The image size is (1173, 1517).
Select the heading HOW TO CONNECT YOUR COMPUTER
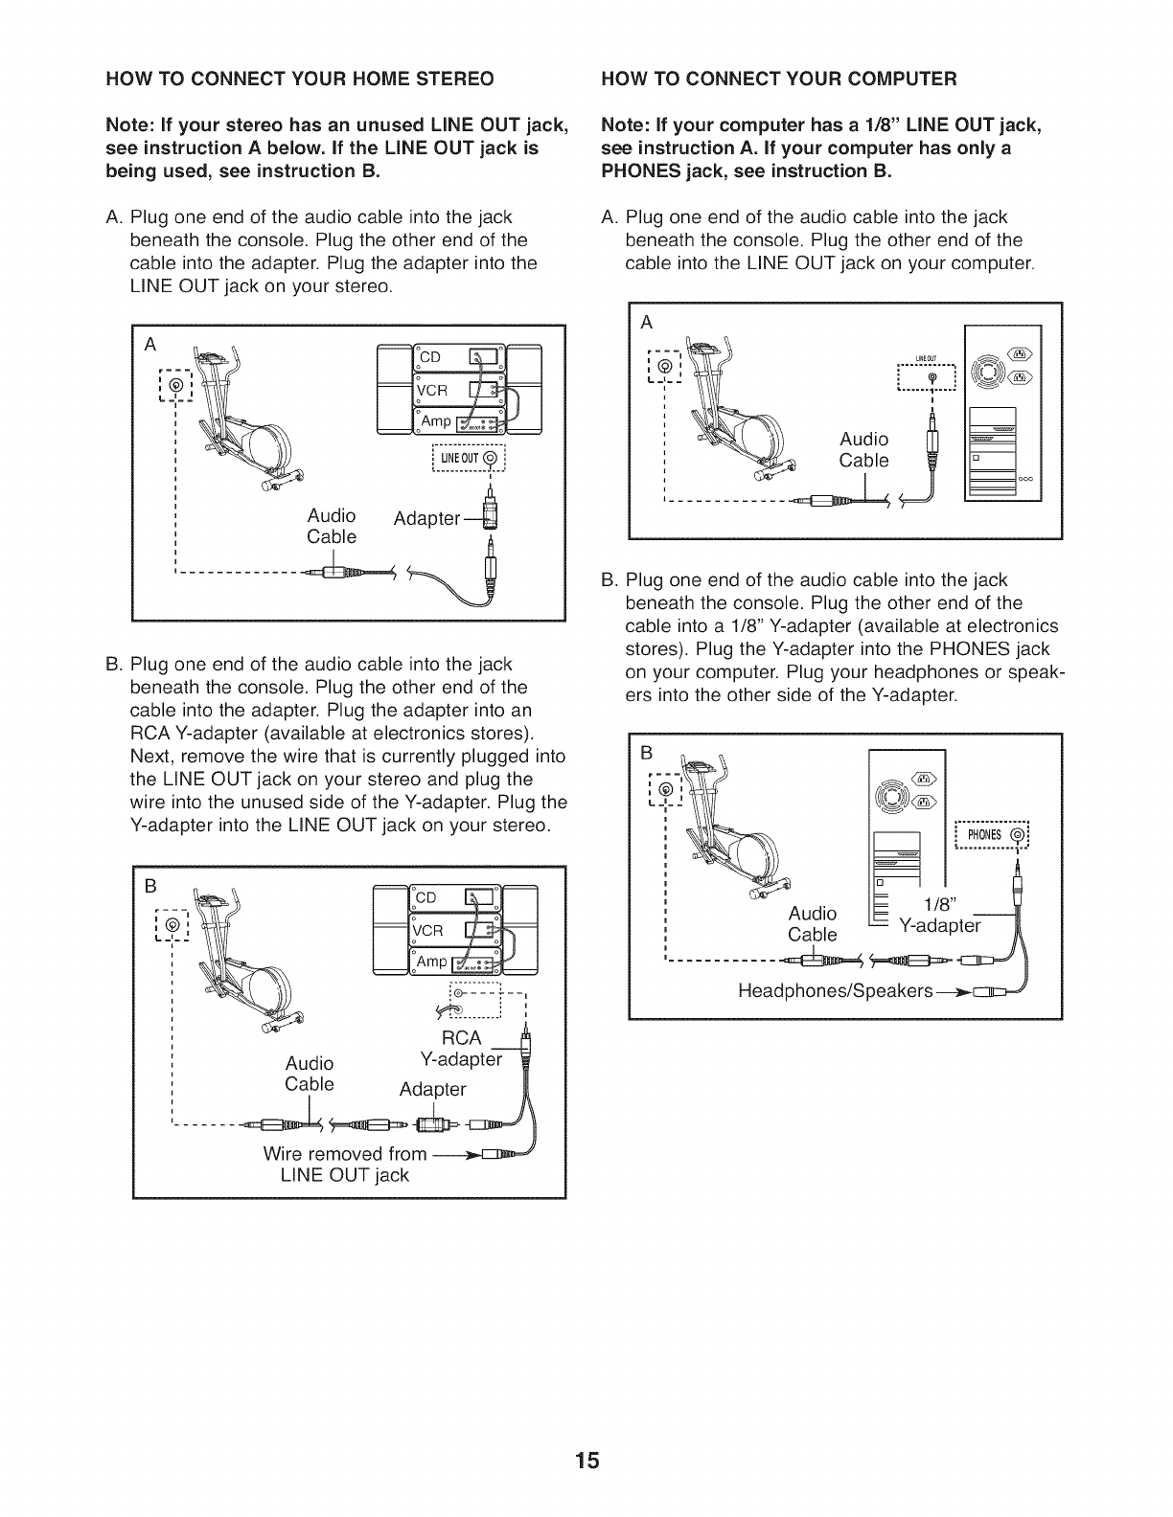(778, 78)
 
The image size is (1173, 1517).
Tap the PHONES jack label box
(993, 834)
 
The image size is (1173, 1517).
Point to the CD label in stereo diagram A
(428, 357)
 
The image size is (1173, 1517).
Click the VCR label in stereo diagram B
(429, 932)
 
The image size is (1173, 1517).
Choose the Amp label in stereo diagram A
(434, 422)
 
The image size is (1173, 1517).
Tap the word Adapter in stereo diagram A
(427, 518)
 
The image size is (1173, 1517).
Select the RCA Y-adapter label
(462, 1049)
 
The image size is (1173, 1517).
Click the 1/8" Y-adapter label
(939, 915)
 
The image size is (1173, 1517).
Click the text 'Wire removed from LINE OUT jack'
(345, 1164)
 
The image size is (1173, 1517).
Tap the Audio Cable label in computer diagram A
(863, 449)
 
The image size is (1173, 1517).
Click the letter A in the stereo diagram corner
(150, 345)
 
